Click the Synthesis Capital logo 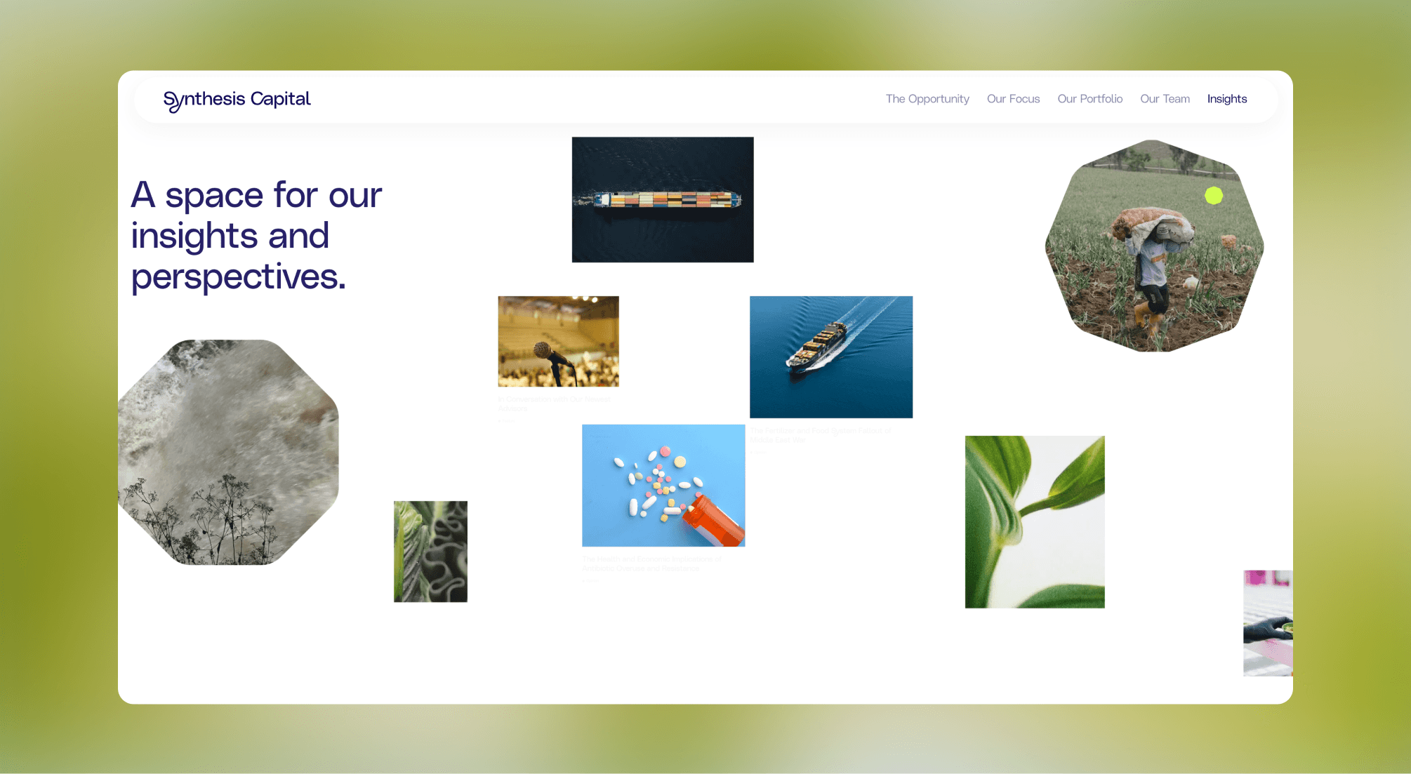coord(237,100)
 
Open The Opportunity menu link coord(927,99)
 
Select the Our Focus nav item coord(1013,99)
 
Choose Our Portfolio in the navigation coord(1089,99)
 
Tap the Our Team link coord(1165,99)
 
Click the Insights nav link coord(1226,99)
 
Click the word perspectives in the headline coord(238,277)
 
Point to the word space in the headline coord(213,196)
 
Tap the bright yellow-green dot coord(1214,196)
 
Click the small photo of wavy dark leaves coord(430,552)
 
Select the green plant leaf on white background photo coord(1034,521)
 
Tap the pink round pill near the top coord(665,451)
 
